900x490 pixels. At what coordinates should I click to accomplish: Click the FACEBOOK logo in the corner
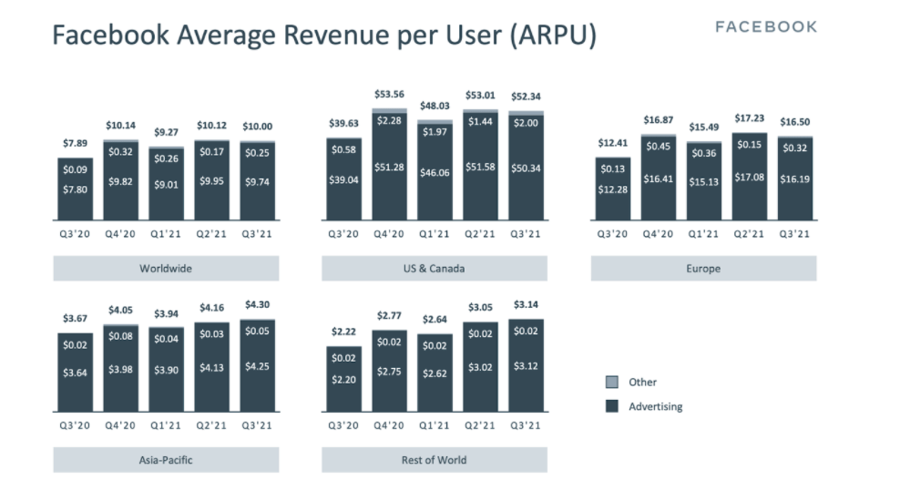[x=766, y=27]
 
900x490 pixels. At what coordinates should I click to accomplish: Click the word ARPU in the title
[x=554, y=35]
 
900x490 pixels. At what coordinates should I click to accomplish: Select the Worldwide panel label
[x=166, y=269]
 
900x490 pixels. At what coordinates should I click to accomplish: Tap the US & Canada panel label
[x=434, y=269]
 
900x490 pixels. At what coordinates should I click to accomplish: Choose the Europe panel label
[x=703, y=269]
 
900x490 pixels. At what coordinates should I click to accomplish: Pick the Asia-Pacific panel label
[x=166, y=460]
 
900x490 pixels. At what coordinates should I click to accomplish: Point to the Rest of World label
[x=434, y=460]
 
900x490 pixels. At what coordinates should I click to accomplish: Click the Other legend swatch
[x=612, y=383]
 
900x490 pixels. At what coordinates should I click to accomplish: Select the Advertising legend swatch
[x=612, y=406]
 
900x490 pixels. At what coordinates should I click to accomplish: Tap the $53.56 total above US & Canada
[x=389, y=94]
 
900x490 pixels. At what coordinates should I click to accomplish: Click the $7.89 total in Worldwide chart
[x=76, y=143]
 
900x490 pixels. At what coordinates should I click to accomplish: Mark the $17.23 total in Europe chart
[x=749, y=118]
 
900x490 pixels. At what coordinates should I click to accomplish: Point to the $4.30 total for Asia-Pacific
[x=257, y=305]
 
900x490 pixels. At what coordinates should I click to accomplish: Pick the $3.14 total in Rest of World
[x=526, y=305]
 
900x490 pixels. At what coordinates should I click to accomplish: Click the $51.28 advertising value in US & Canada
[x=389, y=168]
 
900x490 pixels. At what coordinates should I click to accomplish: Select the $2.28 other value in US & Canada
[x=389, y=120]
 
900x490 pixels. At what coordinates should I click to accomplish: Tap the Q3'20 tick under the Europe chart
[x=612, y=234]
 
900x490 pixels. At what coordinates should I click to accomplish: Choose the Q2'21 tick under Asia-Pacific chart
[x=211, y=425]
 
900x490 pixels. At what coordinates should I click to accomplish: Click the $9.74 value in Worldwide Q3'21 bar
[x=257, y=182]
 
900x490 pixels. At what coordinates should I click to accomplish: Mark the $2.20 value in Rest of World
[x=343, y=380]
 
